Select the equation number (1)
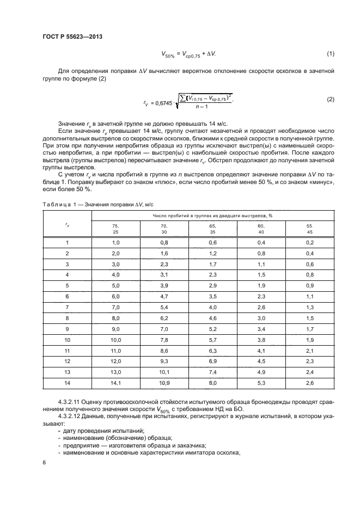(330, 53)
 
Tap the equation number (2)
(330, 99)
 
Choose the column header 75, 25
(115, 229)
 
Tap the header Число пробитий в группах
(213, 216)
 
